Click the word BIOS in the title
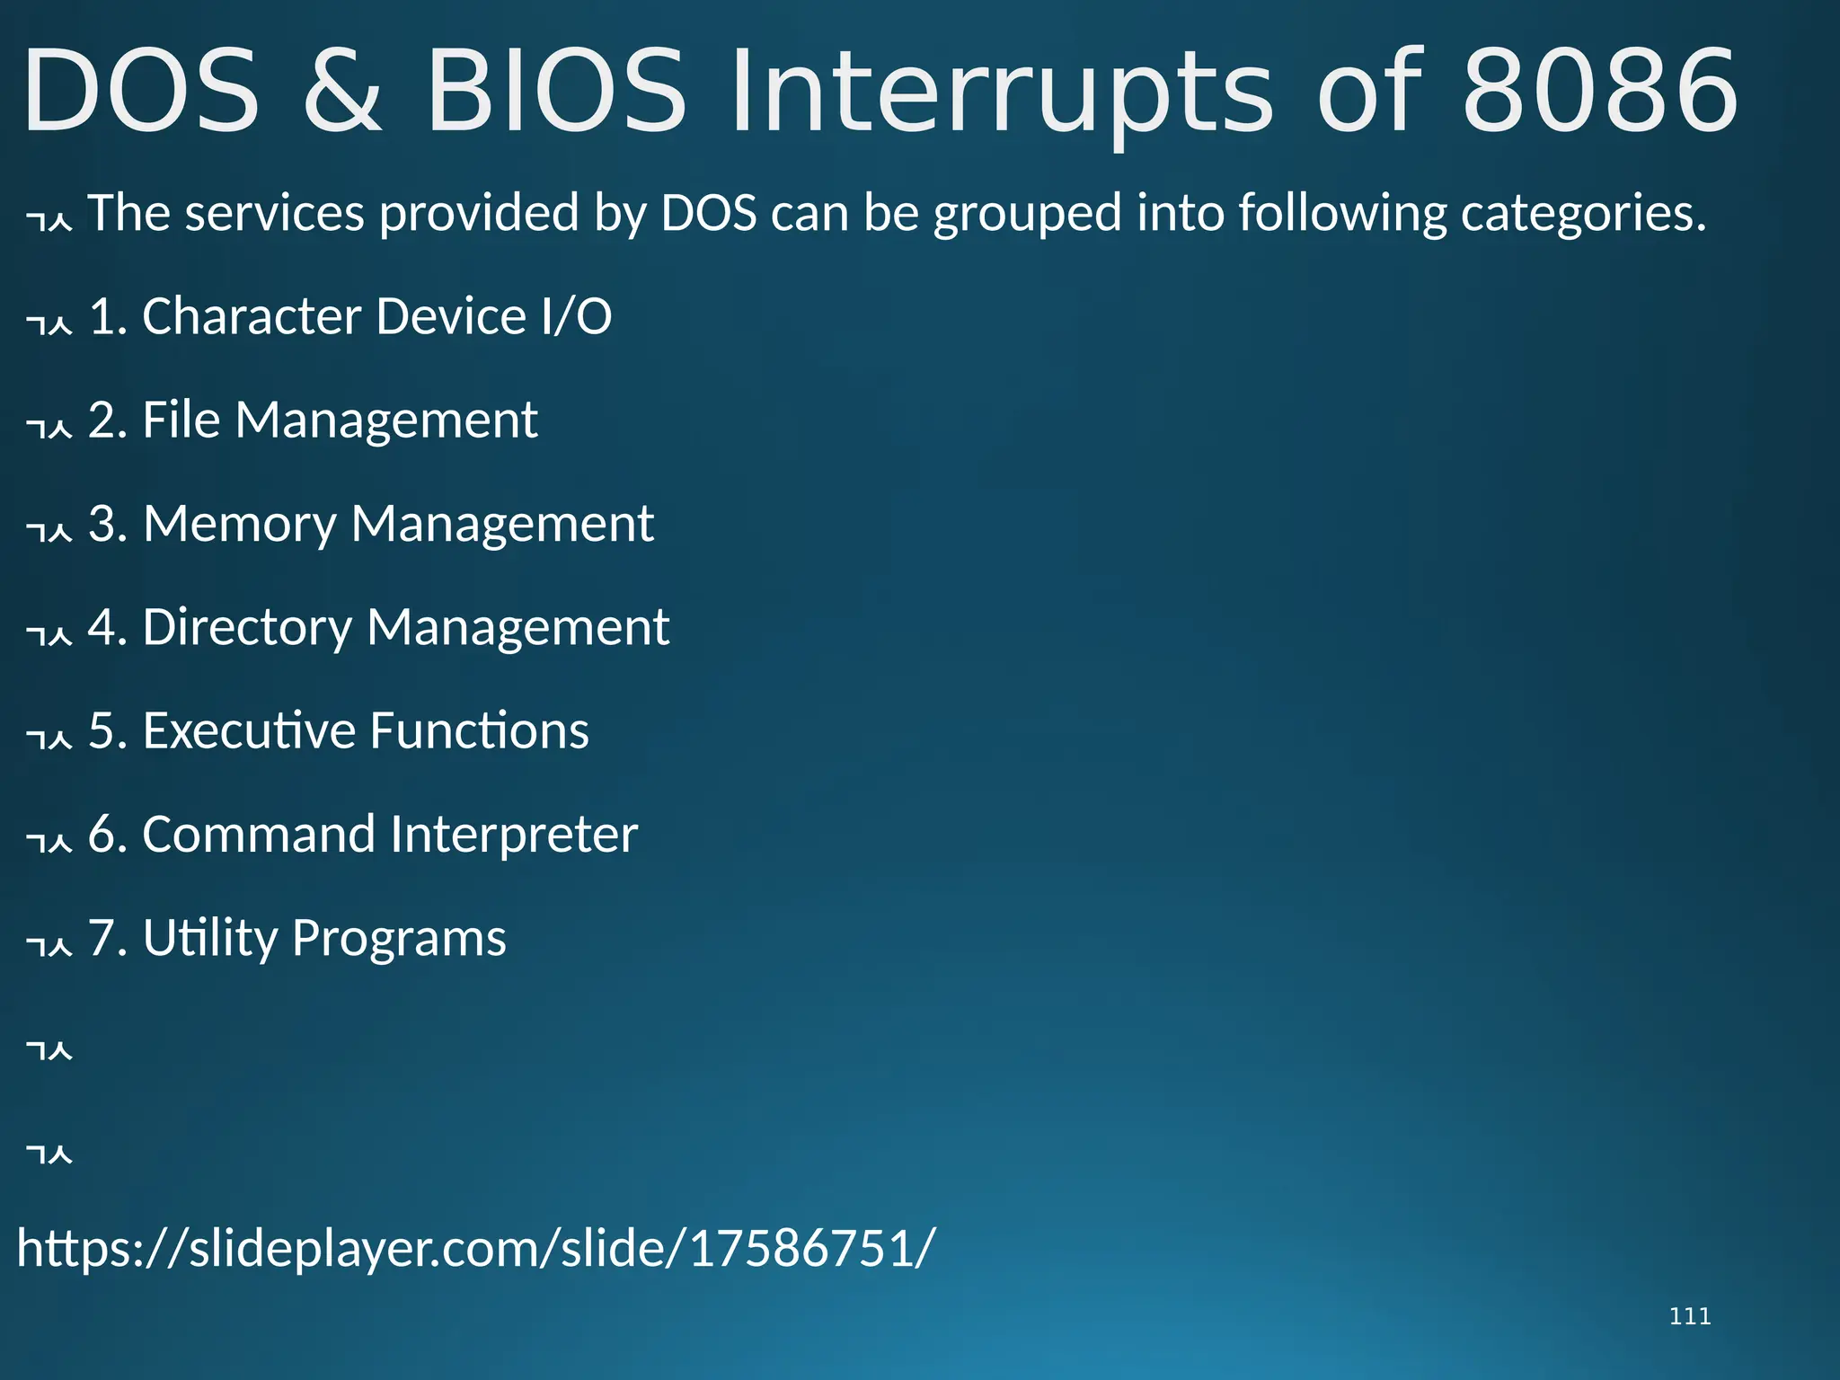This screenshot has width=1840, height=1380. click(556, 92)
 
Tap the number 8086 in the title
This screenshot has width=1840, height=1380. click(1600, 92)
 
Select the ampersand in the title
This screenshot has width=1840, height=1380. click(342, 92)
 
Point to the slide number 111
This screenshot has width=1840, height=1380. click(1689, 1316)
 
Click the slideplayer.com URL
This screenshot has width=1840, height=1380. click(476, 1249)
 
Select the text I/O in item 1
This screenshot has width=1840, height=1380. click(576, 316)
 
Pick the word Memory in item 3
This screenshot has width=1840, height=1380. click(239, 525)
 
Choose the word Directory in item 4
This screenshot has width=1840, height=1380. click(247, 627)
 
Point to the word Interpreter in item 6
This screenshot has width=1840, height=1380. click(514, 835)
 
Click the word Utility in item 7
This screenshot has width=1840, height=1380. click(210, 939)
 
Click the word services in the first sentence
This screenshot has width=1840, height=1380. click(274, 214)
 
